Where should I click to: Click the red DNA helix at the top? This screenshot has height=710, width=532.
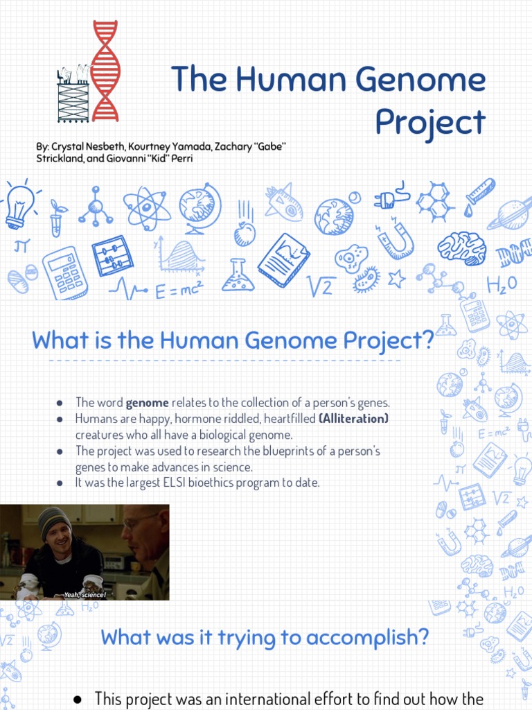(x=105, y=71)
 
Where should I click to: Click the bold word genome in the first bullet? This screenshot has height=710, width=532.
(x=147, y=403)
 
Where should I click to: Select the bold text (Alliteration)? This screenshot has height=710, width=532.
(x=353, y=419)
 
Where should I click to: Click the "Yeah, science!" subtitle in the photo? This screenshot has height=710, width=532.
(x=84, y=595)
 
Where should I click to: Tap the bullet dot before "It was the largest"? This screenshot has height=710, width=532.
(x=60, y=483)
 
